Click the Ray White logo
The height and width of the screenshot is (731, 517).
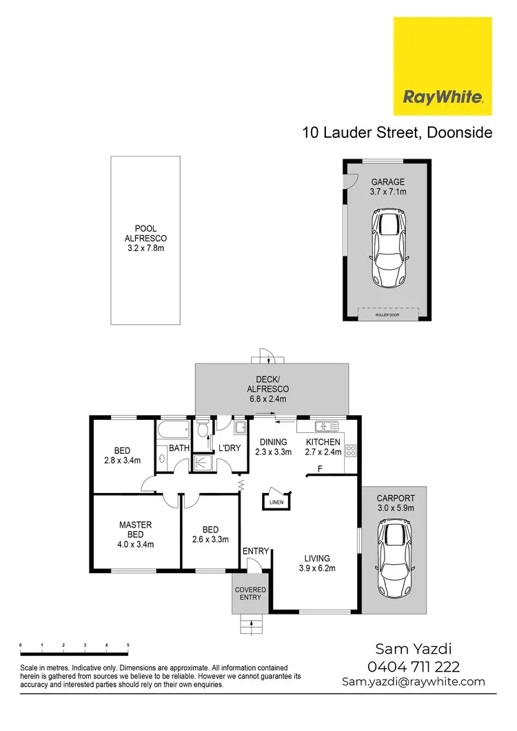point(443,66)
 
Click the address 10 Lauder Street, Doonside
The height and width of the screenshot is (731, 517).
point(397,132)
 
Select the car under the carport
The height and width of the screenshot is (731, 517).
point(393,559)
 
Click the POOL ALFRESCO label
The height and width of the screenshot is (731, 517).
point(146,239)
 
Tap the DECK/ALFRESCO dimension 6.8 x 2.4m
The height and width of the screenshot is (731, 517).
point(268,399)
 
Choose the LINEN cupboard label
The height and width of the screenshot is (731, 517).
point(276,502)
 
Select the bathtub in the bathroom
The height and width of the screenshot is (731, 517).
point(173,432)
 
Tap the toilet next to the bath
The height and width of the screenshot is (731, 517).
point(202,431)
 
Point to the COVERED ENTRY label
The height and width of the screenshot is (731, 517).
point(250,594)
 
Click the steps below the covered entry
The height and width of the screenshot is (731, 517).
point(251,626)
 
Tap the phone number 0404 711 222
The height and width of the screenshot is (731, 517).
point(414,667)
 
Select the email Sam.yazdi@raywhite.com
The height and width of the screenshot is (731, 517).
point(414,682)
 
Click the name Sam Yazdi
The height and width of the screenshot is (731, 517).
point(414,649)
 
